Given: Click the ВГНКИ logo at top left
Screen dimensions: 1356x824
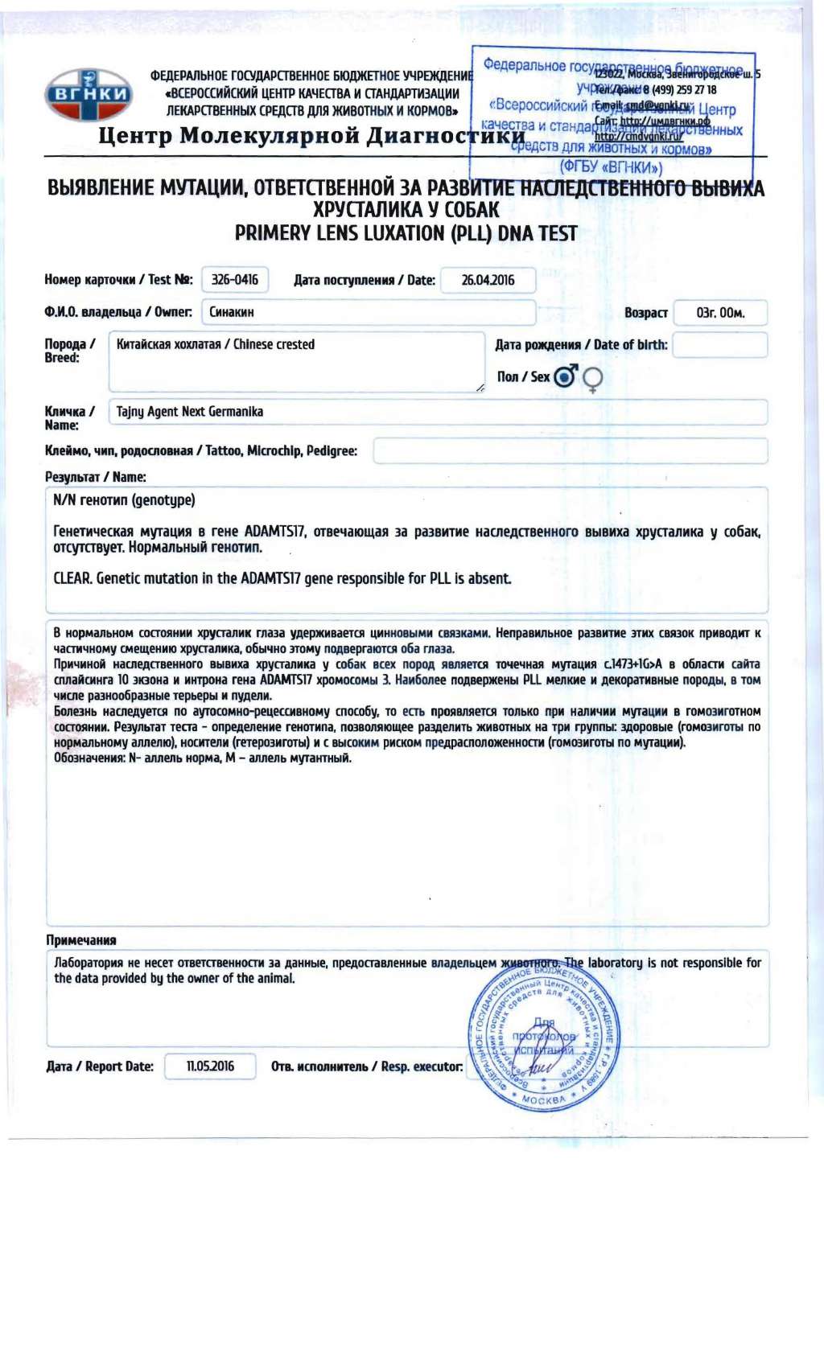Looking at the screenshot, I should pyautogui.click(x=89, y=94).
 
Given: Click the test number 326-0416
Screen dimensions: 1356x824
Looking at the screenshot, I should pyautogui.click(x=235, y=280).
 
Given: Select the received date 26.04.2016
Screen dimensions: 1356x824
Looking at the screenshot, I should pyautogui.click(x=488, y=280).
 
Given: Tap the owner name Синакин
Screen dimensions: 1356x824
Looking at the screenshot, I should pyautogui.click(x=232, y=312).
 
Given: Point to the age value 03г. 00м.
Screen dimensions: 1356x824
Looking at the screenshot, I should pyautogui.click(x=720, y=313).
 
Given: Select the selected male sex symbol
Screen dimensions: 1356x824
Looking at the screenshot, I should pyautogui.click(x=566, y=376).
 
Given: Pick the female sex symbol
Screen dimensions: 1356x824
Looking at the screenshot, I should pyautogui.click(x=592, y=379).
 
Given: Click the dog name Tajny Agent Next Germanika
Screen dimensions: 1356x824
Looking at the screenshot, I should pyautogui.click(x=190, y=412).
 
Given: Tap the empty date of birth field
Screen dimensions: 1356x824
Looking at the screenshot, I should pyautogui.click(x=720, y=345).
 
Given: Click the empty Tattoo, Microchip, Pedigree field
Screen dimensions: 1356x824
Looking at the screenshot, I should pyautogui.click(x=571, y=451).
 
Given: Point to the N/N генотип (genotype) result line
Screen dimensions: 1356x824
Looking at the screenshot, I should pyautogui.click(x=124, y=500).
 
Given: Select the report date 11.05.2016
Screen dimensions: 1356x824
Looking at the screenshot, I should pyautogui.click(x=210, y=1066).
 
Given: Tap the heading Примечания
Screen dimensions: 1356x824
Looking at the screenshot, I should pyautogui.click(x=81, y=940).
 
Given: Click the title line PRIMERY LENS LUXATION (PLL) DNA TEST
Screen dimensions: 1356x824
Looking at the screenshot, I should pyautogui.click(x=406, y=234).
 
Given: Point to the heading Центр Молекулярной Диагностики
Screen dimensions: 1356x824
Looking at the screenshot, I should pyautogui.click(x=311, y=136).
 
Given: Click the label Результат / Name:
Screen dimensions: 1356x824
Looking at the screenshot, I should pyautogui.click(x=96, y=477).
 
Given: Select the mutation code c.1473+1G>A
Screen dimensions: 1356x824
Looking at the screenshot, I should pyautogui.click(x=633, y=664).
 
